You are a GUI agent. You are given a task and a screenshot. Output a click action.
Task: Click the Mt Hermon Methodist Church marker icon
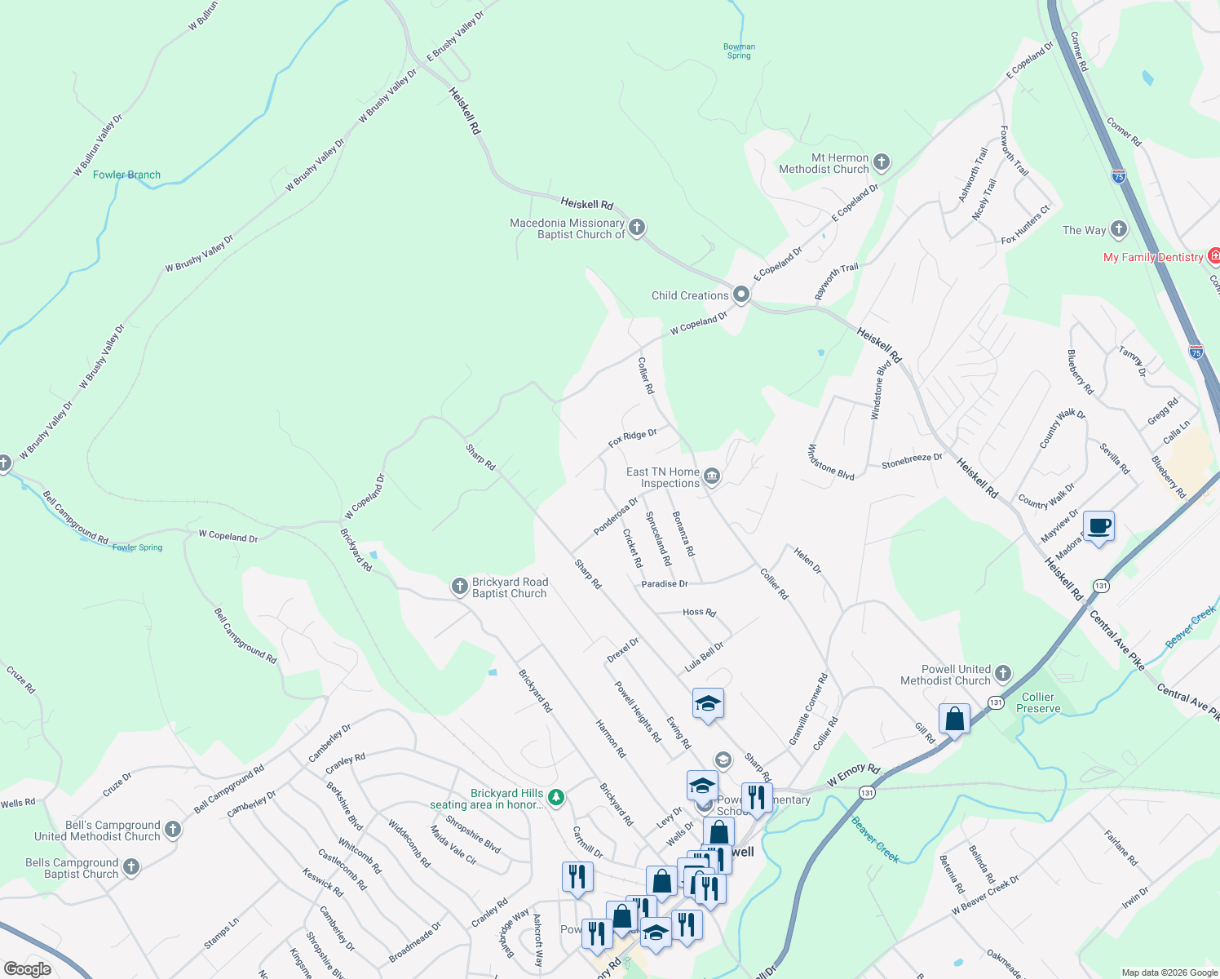[882, 162]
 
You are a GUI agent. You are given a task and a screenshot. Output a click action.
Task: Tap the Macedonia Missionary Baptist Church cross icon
[637, 228]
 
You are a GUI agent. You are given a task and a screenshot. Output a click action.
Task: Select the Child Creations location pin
[741, 295]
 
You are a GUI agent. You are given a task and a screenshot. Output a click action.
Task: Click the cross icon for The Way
[1119, 229]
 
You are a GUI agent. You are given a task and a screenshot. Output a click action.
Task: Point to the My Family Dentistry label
[1153, 257]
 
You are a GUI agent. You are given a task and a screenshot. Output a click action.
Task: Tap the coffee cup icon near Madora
[1098, 526]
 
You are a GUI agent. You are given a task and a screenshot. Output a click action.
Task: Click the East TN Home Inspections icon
[712, 476]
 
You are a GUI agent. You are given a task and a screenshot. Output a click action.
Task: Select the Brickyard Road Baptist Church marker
[460, 587]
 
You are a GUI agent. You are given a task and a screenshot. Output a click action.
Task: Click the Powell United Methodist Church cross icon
[1003, 674]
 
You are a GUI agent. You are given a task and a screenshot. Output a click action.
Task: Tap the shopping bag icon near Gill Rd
[954, 720]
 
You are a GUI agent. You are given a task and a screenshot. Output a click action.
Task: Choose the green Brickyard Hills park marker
[556, 797]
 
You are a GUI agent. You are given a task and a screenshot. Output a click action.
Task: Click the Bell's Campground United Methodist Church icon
[172, 830]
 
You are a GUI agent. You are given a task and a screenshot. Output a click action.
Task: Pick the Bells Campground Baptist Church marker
[131, 867]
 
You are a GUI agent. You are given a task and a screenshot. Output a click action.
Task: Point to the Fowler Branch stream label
[126, 175]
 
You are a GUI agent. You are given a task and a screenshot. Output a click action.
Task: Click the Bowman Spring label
[739, 51]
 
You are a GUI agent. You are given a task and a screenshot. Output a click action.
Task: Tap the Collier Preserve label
[1038, 702]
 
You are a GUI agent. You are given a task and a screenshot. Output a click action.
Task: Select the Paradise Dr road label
[665, 584]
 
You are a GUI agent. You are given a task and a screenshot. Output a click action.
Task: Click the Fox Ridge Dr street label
[632, 438]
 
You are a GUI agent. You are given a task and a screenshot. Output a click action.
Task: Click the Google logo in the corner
[28, 969]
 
